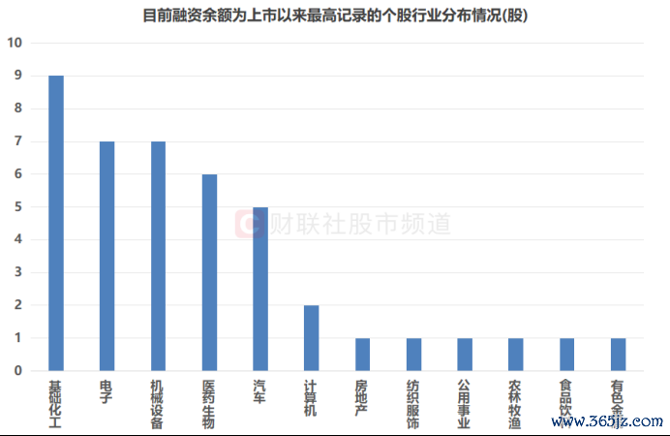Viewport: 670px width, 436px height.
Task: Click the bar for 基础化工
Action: coord(56,223)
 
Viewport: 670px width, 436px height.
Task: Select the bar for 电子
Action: coord(107,256)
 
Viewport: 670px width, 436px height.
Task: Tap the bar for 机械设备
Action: coord(158,256)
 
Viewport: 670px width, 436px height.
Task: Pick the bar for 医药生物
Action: coord(209,272)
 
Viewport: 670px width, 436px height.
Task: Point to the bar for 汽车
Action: coord(259,289)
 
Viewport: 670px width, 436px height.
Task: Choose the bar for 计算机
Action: coord(311,337)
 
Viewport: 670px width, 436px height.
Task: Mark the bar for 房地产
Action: coord(362,354)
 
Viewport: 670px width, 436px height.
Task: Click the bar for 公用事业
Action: coord(465,354)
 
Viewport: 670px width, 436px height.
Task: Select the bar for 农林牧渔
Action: coord(515,354)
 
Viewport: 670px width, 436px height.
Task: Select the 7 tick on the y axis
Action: coord(17,141)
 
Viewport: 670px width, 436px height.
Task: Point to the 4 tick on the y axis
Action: coord(17,239)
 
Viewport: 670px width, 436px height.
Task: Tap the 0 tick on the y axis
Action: coord(17,370)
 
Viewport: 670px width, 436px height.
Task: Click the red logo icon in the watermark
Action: coord(251,225)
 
